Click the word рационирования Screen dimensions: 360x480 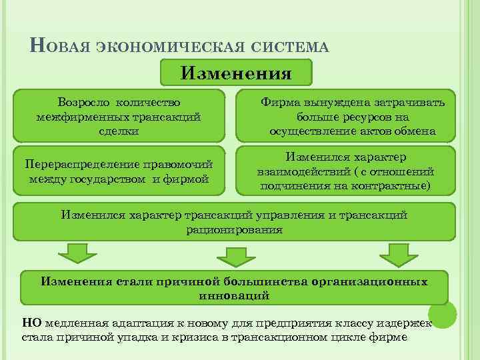click(x=234, y=229)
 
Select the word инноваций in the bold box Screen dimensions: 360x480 click(x=234, y=294)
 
